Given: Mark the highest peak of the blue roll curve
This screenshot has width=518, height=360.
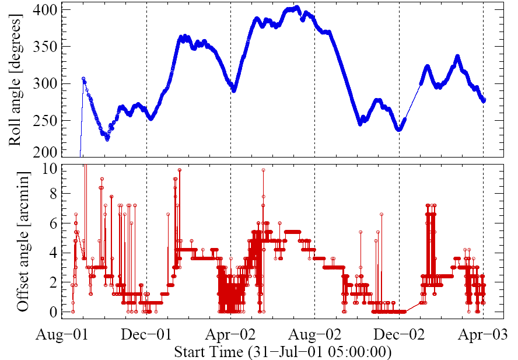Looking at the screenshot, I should tap(297, 8).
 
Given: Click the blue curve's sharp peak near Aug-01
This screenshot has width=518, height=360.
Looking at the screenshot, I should tap(83, 78).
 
